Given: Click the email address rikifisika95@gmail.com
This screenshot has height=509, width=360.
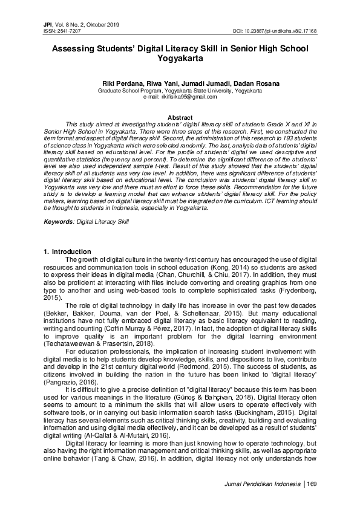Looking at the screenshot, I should [179, 96].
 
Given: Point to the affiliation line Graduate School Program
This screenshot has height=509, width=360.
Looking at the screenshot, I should [180, 90].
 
